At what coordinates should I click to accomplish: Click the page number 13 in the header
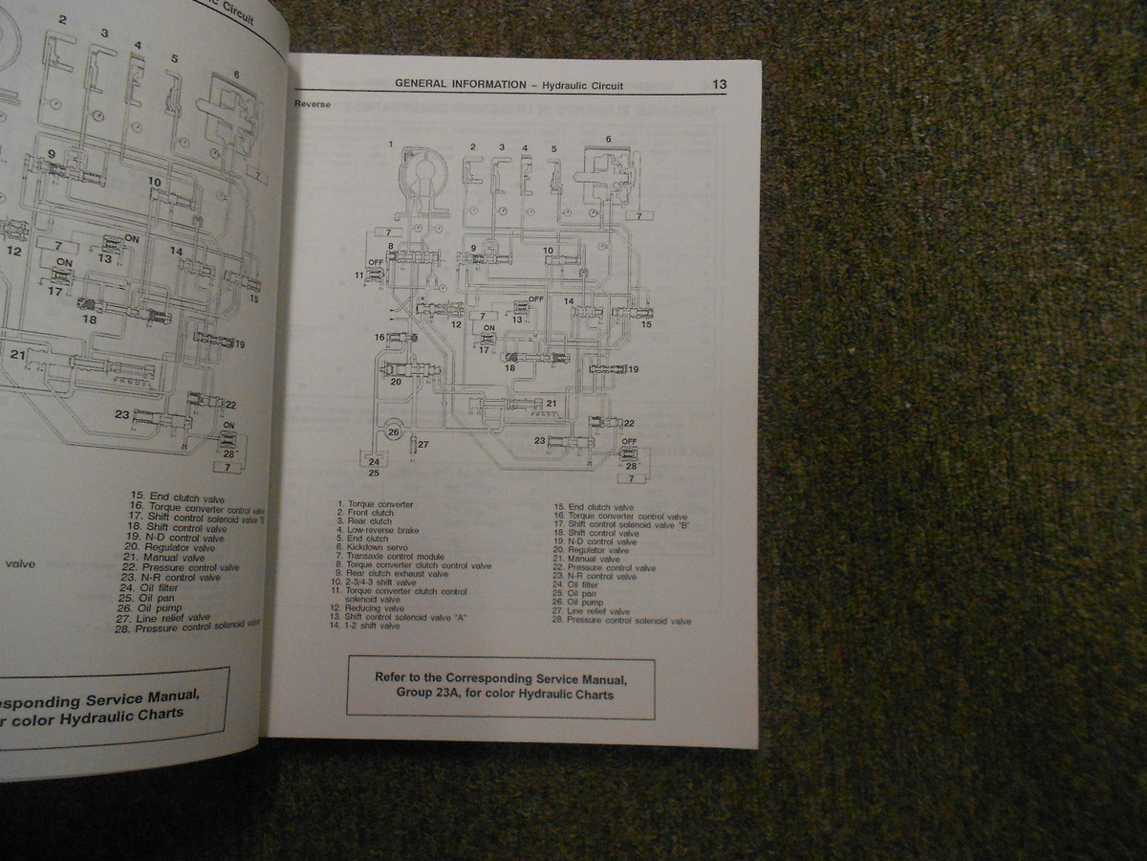[x=719, y=84]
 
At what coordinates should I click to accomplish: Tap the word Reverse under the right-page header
[x=313, y=104]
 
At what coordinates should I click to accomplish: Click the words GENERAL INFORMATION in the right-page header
[x=460, y=84]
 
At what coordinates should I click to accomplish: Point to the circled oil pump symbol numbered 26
[x=393, y=432]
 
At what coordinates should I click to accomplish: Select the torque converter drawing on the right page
[x=422, y=178]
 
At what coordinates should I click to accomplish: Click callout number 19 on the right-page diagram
[x=633, y=368]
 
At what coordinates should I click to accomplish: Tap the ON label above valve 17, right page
[x=488, y=328]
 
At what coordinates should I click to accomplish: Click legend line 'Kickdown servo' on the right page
[x=376, y=547]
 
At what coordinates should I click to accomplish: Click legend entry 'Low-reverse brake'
[x=382, y=530]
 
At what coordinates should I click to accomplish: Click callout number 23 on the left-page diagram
[x=121, y=414]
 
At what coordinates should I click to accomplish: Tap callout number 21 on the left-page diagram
[x=18, y=355]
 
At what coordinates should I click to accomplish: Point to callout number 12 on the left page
[x=14, y=252]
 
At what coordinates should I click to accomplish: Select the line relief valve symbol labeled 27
[x=415, y=445]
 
